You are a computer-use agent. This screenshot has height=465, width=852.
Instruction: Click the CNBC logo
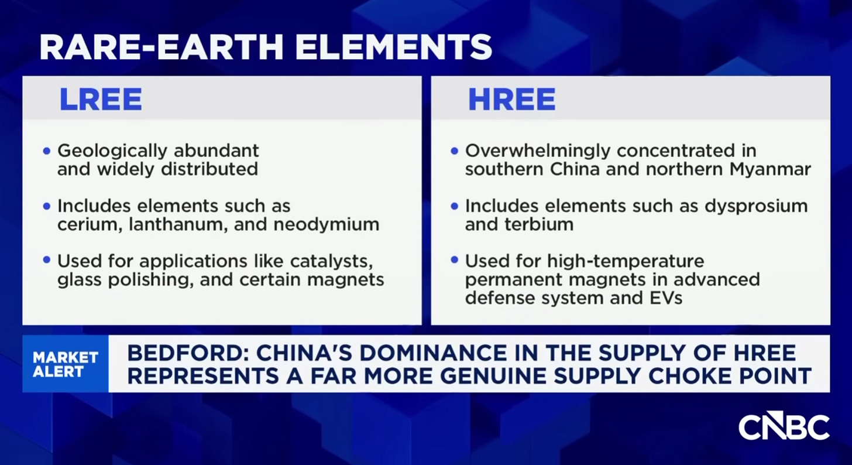tap(784, 427)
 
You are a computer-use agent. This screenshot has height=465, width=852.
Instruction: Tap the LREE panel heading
tap(100, 100)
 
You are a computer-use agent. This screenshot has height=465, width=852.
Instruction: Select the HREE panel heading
tap(511, 100)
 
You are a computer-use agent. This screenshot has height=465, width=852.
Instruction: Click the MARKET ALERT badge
tap(65, 364)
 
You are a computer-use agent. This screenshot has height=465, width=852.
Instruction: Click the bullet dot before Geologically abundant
tap(47, 151)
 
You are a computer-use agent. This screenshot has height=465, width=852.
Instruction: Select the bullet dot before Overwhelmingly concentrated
tap(455, 151)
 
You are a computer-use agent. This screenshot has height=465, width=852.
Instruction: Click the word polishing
tap(151, 279)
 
